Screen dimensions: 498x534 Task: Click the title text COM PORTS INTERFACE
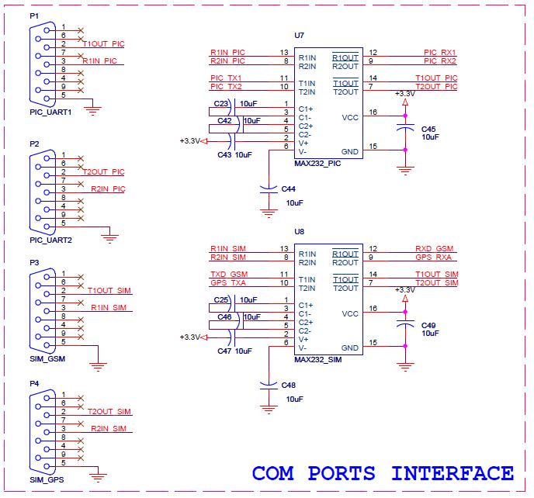coord(383,472)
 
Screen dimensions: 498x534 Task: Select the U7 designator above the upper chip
coord(300,36)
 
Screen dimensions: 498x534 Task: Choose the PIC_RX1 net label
coord(439,53)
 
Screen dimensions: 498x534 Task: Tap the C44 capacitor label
coord(289,188)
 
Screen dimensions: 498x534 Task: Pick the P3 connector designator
coord(34,262)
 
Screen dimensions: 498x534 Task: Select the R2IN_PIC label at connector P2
coord(108,188)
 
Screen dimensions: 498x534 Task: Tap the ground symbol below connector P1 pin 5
coord(93,112)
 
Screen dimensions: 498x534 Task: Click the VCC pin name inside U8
coord(349,314)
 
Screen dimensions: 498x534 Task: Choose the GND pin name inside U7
coord(349,151)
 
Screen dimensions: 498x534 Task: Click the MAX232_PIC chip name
coord(319,163)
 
